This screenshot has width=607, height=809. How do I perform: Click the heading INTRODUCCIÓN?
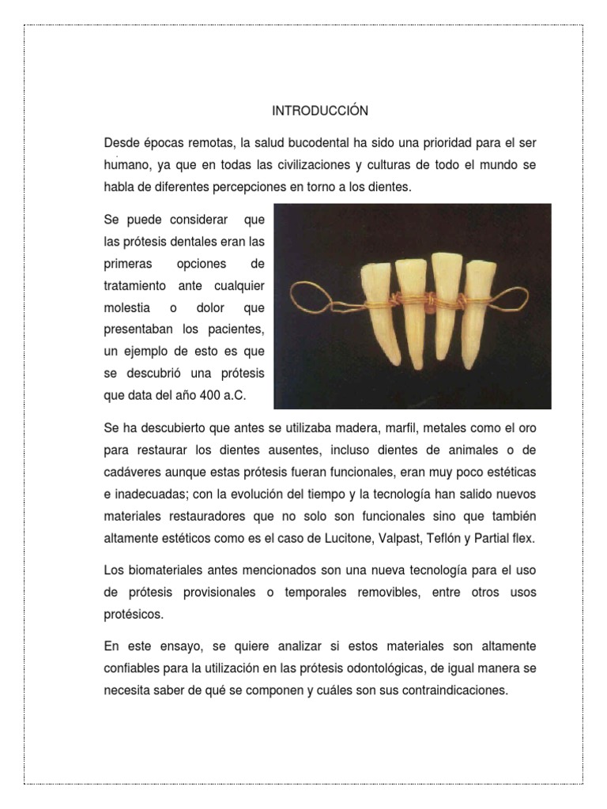320,111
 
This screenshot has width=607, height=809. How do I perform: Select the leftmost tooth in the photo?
373,304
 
